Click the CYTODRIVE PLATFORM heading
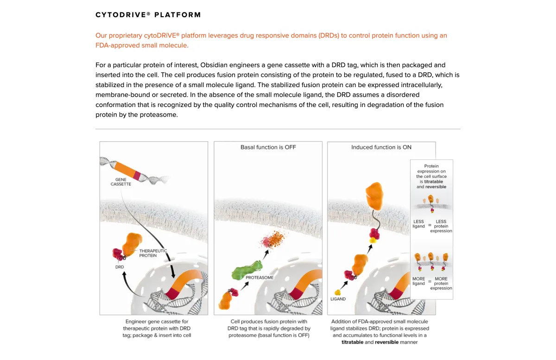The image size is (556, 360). click(148, 15)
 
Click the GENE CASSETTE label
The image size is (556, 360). click(120, 181)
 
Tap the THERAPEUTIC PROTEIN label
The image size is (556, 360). click(153, 253)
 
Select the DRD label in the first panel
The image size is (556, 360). click(120, 267)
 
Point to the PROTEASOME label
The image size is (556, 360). click(259, 278)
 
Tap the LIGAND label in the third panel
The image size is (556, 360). click(338, 299)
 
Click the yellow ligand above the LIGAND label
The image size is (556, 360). click(338, 292)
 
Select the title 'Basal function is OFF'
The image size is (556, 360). click(268, 147)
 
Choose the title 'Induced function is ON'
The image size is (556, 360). click(381, 147)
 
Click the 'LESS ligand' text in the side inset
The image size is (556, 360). click(418, 224)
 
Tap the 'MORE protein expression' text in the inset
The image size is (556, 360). click(441, 284)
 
